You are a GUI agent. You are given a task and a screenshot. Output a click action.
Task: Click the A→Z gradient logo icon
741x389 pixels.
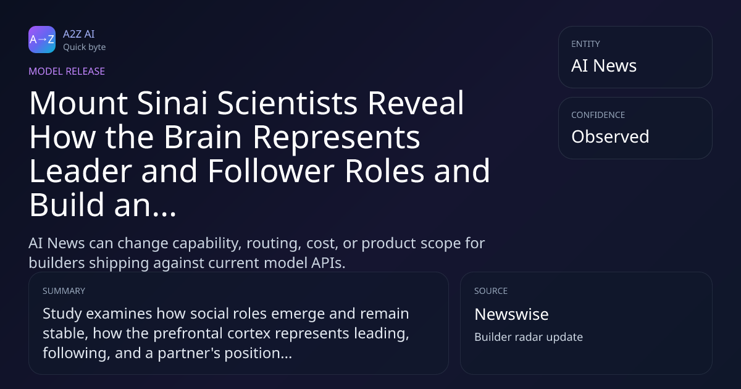pyautogui.click(x=42, y=40)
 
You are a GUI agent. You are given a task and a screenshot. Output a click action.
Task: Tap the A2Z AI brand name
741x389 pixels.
pyautogui.click(x=79, y=34)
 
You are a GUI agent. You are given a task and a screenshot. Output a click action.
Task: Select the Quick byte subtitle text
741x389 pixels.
pyautogui.click(x=85, y=47)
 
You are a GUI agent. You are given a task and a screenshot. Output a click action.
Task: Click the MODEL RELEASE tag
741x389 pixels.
pyautogui.click(x=67, y=71)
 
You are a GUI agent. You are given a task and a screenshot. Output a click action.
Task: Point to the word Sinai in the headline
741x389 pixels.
pyautogui.click(x=172, y=103)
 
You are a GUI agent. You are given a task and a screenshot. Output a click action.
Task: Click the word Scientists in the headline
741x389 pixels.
pyautogui.click(x=287, y=103)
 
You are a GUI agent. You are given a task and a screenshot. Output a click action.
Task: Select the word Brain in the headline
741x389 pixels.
pyautogui.click(x=203, y=137)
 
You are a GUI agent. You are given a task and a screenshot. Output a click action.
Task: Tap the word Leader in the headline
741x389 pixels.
pyautogui.click(x=81, y=170)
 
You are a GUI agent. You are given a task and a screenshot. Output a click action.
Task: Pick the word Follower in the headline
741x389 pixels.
pyautogui.click(x=271, y=170)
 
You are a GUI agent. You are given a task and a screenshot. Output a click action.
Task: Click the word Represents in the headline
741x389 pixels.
pyautogui.click(x=337, y=137)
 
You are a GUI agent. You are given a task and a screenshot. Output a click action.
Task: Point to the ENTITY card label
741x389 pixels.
pyautogui.click(x=585, y=44)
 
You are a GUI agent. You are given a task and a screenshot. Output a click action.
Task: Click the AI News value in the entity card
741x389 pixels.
pyautogui.click(x=604, y=65)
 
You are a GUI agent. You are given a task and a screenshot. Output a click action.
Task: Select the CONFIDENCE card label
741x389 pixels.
pyautogui.click(x=598, y=115)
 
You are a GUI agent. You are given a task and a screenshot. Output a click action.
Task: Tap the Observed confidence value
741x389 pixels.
pyautogui.click(x=610, y=136)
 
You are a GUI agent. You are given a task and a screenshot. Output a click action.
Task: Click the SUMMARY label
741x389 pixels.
pyautogui.click(x=64, y=291)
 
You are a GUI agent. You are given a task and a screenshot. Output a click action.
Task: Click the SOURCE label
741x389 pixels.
pyautogui.click(x=491, y=291)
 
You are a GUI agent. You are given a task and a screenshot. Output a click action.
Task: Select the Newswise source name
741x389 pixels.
pyautogui.click(x=511, y=314)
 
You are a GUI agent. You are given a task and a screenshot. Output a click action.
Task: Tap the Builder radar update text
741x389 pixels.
pyautogui.click(x=529, y=337)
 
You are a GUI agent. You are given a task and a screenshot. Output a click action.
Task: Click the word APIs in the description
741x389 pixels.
pyautogui.click(x=327, y=263)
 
